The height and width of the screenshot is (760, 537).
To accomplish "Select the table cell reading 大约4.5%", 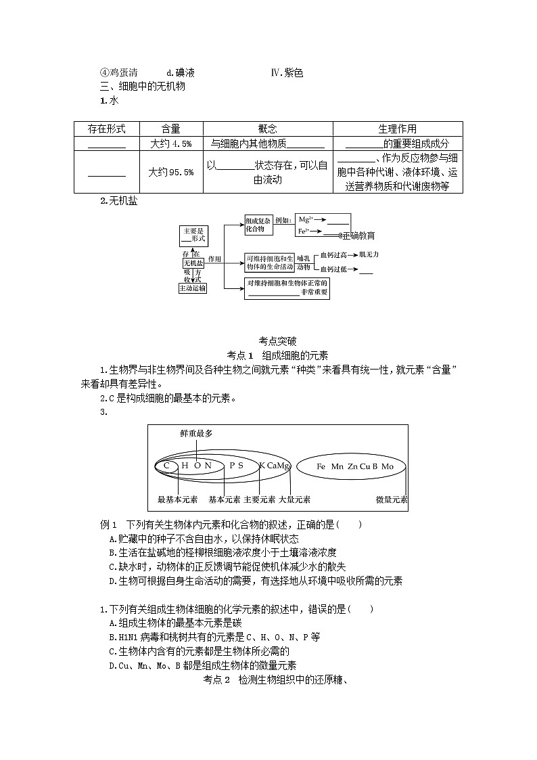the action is pyautogui.click(x=171, y=143).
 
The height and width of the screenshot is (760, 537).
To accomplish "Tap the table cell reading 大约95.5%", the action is pyautogui.click(x=171, y=172).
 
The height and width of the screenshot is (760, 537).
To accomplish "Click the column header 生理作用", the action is pyautogui.click(x=397, y=129).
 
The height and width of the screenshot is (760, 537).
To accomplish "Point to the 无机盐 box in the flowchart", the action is pyautogui.click(x=193, y=263).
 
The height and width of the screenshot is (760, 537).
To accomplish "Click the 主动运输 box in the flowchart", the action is pyautogui.click(x=193, y=288).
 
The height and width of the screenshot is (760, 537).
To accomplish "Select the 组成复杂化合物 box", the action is pyautogui.click(x=258, y=225).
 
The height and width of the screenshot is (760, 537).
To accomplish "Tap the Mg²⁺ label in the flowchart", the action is pyautogui.click(x=305, y=219).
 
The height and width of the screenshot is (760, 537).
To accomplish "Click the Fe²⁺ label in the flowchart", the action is pyautogui.click(x=304, y=231).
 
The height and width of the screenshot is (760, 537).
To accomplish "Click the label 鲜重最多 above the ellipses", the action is pyautogui.click(x=196, y=433).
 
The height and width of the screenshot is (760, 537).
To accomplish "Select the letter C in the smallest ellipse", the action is pyautogui.click(x=166, y=466).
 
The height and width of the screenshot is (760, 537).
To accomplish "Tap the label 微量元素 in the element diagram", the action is pyautogui.click(x=392, y=499).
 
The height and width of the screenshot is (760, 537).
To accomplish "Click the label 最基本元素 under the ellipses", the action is pyautogui.click(x=177, y=499).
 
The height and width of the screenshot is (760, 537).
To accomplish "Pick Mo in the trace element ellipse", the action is pyautogui.click(x=388, y=466).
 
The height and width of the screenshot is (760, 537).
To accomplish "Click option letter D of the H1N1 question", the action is pyautogui.click(x=112, y=665).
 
